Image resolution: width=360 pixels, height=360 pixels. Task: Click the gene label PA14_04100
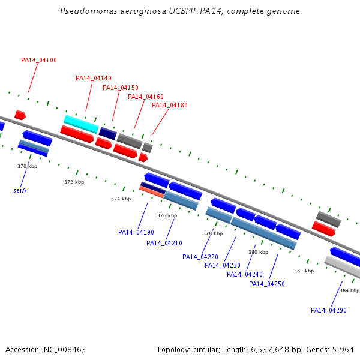coord(39,60)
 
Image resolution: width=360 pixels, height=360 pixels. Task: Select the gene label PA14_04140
coord(94,78)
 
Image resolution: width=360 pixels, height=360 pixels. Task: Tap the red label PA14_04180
coord(170,105)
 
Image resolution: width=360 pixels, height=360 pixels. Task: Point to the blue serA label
coord(20,190)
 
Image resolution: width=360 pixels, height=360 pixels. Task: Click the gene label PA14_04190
coord(136,232)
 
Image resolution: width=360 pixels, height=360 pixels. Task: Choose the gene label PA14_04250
coord(267,284)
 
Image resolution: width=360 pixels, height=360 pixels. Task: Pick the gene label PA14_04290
coord(329,310)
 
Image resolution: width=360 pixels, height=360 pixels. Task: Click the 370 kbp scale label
coord(28,166)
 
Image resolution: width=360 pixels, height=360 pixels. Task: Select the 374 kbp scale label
coord(121,199)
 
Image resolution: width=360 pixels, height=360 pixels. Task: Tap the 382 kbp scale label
coord(304,271)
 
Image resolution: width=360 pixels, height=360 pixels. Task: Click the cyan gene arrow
coord(81,124)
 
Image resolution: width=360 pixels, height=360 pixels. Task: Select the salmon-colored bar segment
coord(152,192)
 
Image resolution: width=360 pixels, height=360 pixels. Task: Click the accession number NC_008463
coord(65,350)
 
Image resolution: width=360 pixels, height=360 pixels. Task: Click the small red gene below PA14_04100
coord(20,115)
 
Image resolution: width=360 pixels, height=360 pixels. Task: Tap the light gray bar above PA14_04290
coord(342,267)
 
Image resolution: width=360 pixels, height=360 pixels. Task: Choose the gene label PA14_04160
coord(146,97)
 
